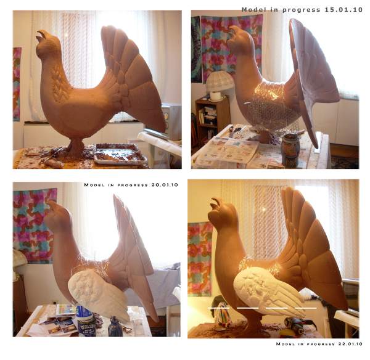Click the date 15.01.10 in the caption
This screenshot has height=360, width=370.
click(x=343, y=10)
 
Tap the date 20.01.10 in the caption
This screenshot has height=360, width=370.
click(x=165, y=185)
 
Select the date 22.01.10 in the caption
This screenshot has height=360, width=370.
click(x=350, y=344)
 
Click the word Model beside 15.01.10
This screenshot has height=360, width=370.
click(x=252, y=10)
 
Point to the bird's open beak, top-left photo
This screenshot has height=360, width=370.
click(x=41, y=35)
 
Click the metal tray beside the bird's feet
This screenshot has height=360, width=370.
click(x=120, y=154)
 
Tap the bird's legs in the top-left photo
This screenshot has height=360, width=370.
click(x=75, y=147)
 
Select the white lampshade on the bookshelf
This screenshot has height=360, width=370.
click(x=220, y=81)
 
